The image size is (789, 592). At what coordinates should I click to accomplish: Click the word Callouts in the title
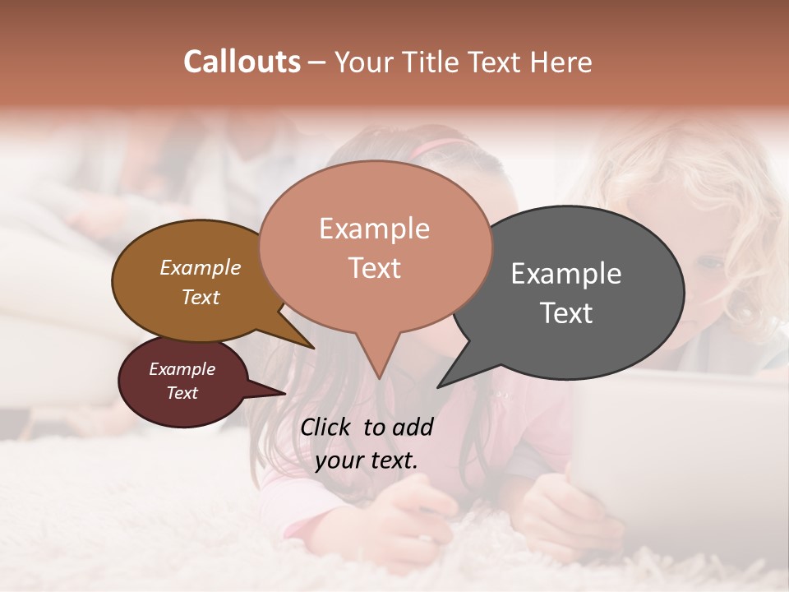[x=242, y=62]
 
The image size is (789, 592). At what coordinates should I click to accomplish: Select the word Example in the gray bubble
[x=566, y=273]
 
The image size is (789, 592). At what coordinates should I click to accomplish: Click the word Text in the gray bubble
[x=566, y=312]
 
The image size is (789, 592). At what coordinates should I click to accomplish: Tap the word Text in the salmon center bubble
[x=374, y=267]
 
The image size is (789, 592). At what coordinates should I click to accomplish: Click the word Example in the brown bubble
[x=200, y=267]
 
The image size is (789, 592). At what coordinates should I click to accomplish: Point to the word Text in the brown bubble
[x=200, y=297]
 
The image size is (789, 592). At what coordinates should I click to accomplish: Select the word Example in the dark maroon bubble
[x=182, y=369]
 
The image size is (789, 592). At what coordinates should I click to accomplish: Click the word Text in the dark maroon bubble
[x=182, y=393]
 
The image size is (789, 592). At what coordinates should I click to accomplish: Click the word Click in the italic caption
[x=327, y=427]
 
